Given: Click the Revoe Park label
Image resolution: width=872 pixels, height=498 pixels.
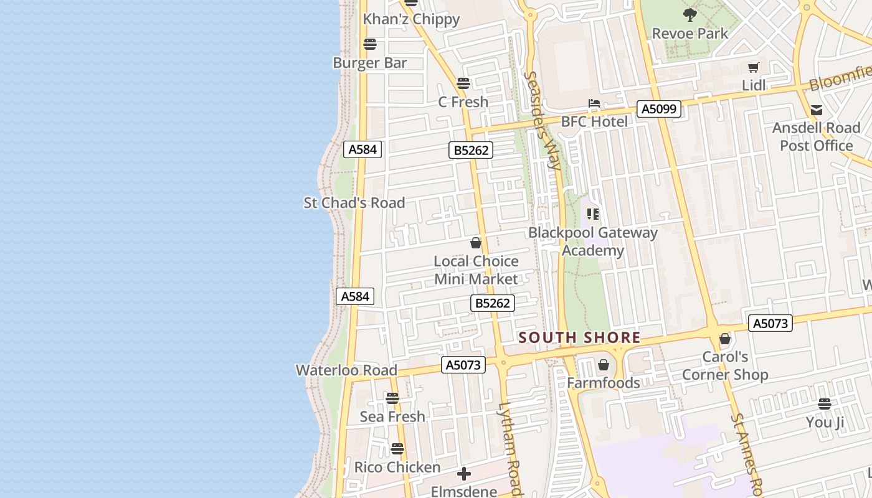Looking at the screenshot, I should tap(690, 34).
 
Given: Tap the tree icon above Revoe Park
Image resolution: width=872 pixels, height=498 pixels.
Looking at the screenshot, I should tap(690, 14).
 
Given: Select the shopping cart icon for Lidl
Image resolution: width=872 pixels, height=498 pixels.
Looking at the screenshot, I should tap(754, 67).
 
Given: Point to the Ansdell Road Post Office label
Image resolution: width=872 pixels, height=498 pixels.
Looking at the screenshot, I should tap(816, 136).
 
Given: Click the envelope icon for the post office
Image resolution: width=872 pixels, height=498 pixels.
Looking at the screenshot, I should tap(816, 110).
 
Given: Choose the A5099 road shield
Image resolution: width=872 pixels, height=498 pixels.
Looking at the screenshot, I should tap(659, 109).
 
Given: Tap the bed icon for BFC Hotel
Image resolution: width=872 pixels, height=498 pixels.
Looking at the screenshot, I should tap(594, 103).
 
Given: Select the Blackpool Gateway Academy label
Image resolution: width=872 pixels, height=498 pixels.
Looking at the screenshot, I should tap(593, 242).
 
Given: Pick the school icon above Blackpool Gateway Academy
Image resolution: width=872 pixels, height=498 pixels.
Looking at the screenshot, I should tap(593, 214).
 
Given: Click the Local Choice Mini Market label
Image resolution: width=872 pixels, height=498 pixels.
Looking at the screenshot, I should tap(476, 270).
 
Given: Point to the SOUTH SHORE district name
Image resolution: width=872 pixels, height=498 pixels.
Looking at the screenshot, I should tap(579, 338).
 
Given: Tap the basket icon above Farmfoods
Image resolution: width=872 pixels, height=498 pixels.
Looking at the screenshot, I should tap(603, 365).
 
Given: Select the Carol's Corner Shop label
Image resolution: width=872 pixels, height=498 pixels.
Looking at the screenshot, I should tap(725, 366).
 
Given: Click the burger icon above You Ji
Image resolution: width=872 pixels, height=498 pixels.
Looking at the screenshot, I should tap(825, 404).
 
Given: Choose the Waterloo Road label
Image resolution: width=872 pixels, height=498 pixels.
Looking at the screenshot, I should tap(346, 370).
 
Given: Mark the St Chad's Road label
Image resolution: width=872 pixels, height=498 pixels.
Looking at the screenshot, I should tap(354, 202).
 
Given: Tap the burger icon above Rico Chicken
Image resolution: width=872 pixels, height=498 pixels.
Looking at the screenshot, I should tap(397, 448).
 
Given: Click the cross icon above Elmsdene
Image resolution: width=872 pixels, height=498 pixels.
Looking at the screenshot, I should tap(464, 474).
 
